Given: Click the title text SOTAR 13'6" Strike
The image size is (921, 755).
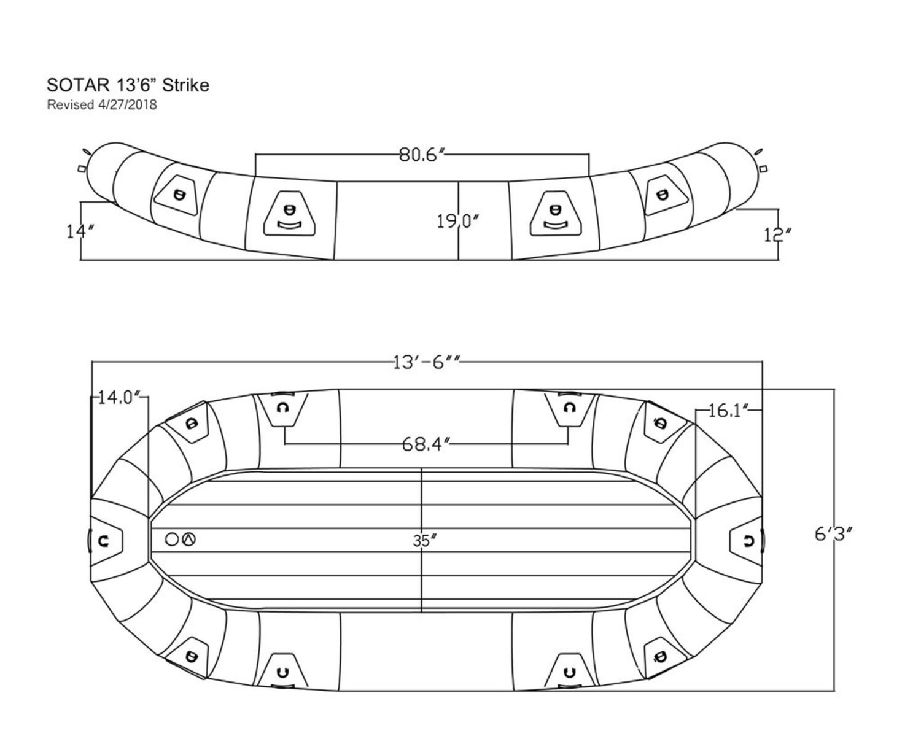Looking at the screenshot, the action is (x=128, y=85).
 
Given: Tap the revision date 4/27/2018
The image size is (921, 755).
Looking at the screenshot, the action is (x=127, y=105).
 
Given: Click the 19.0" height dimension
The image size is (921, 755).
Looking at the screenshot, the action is (x=457, y=222).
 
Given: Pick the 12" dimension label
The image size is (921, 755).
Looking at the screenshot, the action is (x=777, y=235).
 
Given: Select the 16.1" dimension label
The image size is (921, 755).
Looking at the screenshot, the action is (x=728, y=411).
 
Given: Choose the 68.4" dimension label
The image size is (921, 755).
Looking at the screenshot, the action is (x=425, y=444).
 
